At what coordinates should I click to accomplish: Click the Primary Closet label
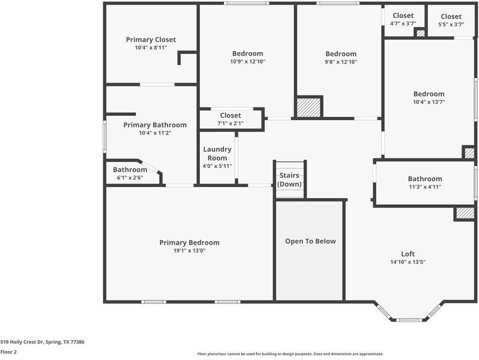[x=151, y=40]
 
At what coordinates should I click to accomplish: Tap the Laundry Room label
[x=217, y=154]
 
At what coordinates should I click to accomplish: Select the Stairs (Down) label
[x=289, y=179]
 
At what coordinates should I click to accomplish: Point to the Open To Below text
[x=310, y=241]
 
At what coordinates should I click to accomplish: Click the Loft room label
[x=408, y=254]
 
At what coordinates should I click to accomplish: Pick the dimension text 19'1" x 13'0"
[x=189, y=251]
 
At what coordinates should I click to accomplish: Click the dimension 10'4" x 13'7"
[x=429, y=102]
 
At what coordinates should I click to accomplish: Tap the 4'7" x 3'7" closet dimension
[x=403, y=24]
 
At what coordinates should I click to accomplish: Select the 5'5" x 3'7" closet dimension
[x=451, y=24]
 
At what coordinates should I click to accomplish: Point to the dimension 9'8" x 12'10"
[x=340, y=62]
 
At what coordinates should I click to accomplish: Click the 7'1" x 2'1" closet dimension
[x=230, y=123]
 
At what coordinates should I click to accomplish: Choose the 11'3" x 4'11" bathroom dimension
[x=424, y=187]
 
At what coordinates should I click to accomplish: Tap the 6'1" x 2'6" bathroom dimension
[x=130, y=178]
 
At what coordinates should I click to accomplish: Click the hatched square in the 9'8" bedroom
[x=309, y=107]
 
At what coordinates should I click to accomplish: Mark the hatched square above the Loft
[x=465, y=213]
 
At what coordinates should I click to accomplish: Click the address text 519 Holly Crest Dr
[x=42, y=342]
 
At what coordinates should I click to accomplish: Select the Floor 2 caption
[x=8, y=352]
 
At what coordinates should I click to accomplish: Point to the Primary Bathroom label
[x=155, y=125]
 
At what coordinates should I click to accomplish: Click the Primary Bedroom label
[x=189, y=242]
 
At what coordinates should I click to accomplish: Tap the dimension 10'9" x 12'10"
[x=247, y=62]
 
